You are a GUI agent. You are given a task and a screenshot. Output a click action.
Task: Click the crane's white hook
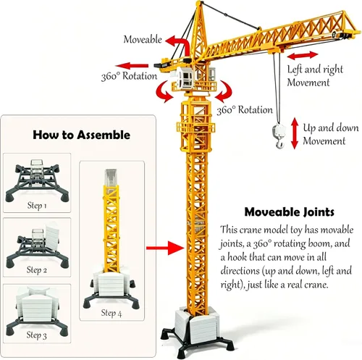[279, 135]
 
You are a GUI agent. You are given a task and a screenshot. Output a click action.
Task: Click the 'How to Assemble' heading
[81, 135]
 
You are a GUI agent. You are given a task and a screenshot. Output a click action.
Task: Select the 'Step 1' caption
[37, 206]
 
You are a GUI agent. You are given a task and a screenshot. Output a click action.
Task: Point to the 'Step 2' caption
[37, 270]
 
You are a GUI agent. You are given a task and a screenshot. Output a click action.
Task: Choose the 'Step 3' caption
[36, 335]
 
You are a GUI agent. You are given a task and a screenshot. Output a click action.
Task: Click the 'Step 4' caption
[111, 313]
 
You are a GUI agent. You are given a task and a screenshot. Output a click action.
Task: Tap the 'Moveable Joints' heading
[289, 212]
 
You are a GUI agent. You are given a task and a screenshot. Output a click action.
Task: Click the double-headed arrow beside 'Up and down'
[295, 133]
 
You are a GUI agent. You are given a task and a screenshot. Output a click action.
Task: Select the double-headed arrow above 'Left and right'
[303, 56]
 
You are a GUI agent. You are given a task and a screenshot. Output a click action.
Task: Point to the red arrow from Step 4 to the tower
[165, 248]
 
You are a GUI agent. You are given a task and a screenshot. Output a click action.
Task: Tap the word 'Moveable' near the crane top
[143, 39]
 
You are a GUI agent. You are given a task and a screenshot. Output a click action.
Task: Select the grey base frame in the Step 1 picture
[37, 182]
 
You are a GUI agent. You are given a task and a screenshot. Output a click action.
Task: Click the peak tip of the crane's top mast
[198, 2]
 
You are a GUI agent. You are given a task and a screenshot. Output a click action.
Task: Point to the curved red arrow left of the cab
[161, 92]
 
